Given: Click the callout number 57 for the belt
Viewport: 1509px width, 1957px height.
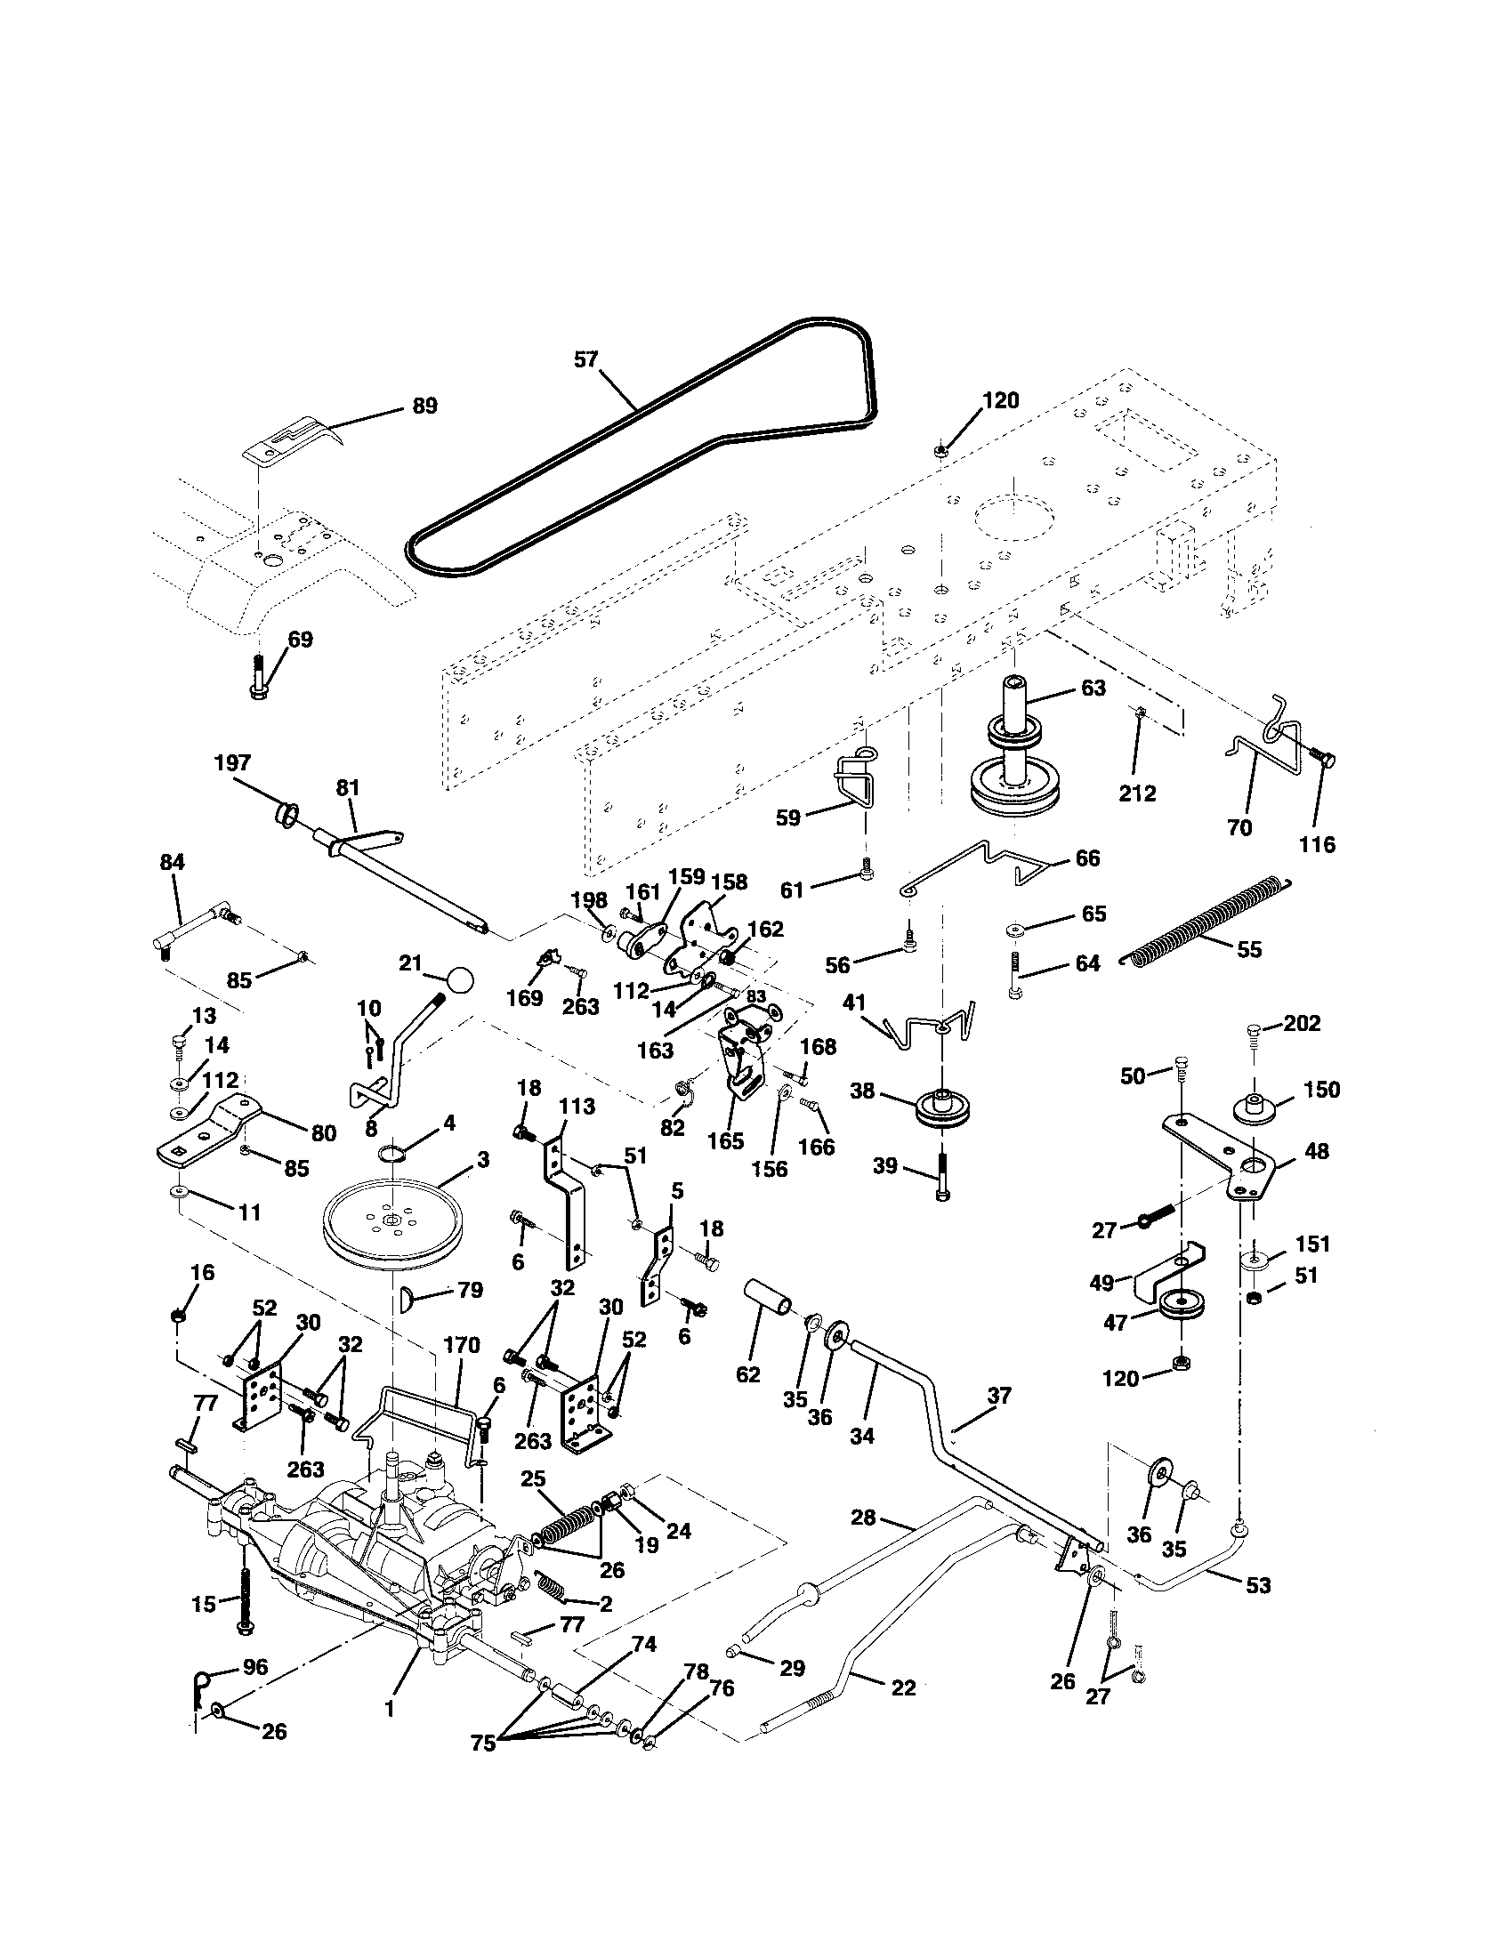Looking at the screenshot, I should [x=585, y=360].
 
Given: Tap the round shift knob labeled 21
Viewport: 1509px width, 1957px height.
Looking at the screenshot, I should [x=461, y=978].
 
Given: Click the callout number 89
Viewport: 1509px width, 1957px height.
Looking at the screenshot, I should [x=424, y=406].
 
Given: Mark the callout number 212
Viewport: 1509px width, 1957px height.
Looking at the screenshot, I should [x=1137, y=793].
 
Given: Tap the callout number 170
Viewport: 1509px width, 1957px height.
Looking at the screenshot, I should [x=462, y=1346].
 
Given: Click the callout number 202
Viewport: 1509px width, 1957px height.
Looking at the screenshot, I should [x=1302, y=1023].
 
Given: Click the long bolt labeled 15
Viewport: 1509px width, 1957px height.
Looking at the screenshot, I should [x=244, y=1595].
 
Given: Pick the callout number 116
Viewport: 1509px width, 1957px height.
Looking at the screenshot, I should [x=1317, y=844].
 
